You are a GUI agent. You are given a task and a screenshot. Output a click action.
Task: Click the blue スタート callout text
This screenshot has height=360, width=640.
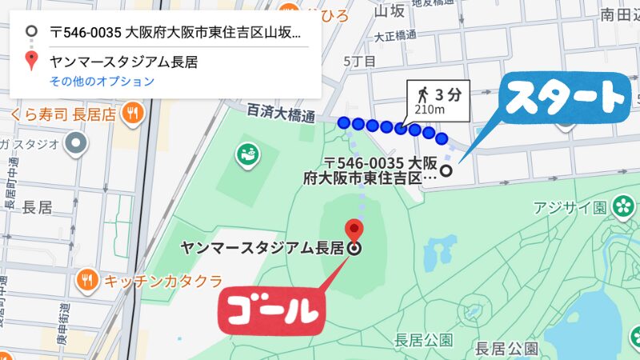(x=565, y=98)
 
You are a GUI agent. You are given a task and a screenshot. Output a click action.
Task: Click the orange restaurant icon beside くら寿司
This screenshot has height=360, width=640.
(x=133, y=113)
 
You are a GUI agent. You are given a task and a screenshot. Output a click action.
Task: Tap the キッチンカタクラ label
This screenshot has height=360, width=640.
(x=162, y=280)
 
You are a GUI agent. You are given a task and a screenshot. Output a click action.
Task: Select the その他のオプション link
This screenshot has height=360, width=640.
(x=102, y=81)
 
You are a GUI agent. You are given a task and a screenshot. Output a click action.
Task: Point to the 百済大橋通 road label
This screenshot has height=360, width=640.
(x=281, y=112)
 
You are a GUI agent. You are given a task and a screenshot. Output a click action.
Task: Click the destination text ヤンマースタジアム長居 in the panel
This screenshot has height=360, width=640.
(x=123, y=61)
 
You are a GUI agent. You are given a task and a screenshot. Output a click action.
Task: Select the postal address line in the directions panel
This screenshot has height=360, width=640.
(x=175, y=34)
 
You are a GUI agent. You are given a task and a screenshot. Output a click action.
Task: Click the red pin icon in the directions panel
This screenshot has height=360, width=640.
(x=31, y=61)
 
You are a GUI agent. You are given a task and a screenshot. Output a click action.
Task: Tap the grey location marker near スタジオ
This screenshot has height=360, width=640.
(x=77, y=144)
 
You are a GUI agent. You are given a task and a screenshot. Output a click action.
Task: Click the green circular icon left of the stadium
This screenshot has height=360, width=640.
(x=246, y=153)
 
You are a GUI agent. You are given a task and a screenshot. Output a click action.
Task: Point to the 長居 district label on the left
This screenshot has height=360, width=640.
(x=38, y=207)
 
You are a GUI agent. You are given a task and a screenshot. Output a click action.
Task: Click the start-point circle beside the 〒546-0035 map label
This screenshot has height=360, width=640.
(x=446, y=170)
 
